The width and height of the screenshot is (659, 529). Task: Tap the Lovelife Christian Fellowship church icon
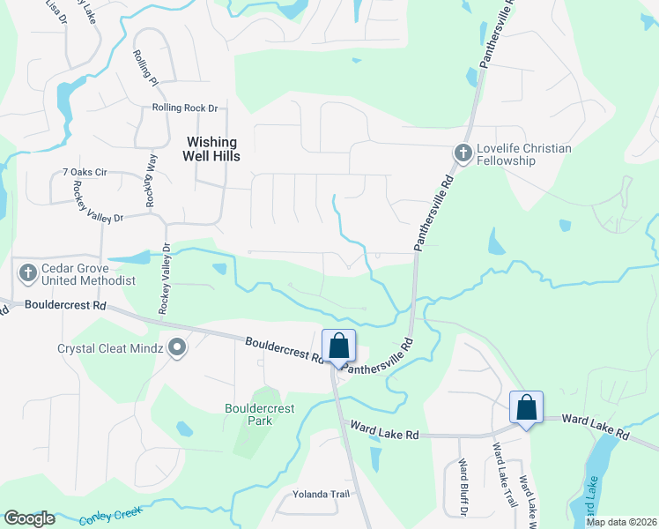click(463, 154)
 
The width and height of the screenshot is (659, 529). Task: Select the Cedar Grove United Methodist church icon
click(28, 274)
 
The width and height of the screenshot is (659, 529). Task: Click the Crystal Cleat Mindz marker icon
click(177, 348)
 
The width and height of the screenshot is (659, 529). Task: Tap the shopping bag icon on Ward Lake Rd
click(526, 408)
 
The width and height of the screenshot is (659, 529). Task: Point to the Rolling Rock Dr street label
click(184, 108)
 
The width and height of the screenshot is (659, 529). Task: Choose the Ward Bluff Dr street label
click(462, 487)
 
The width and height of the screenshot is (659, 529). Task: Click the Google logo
click(29, 518)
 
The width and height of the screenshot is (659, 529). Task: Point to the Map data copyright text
click(621, 522)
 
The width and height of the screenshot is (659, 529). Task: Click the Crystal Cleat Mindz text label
click(110, 348)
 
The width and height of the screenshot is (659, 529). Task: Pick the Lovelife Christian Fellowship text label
click(523, 154)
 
